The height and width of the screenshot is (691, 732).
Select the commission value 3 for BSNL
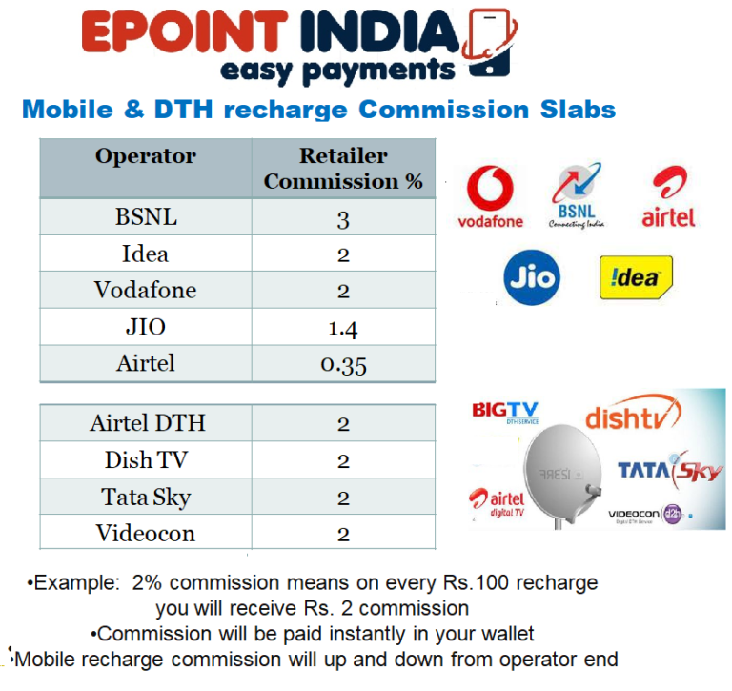[343, 219]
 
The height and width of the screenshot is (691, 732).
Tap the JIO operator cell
[146, 327]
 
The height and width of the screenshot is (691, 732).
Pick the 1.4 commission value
[343, 329]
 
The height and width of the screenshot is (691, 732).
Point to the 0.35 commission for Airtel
[343, 365]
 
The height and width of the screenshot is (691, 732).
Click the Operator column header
[146, 156]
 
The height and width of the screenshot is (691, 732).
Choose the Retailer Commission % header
[343, 168]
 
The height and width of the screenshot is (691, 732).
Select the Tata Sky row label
[146, 497]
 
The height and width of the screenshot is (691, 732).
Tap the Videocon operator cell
[146, 533]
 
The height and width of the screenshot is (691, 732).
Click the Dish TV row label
[146, 460]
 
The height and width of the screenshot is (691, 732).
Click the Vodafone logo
[491, 198]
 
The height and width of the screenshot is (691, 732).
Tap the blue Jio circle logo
[531, 277]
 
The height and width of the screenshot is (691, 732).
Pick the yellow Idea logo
[635, 276]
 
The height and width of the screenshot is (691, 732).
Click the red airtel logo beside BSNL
[668, 198]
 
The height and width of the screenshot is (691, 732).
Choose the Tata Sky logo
[669, 471]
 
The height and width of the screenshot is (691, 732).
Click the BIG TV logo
[505, 412]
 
